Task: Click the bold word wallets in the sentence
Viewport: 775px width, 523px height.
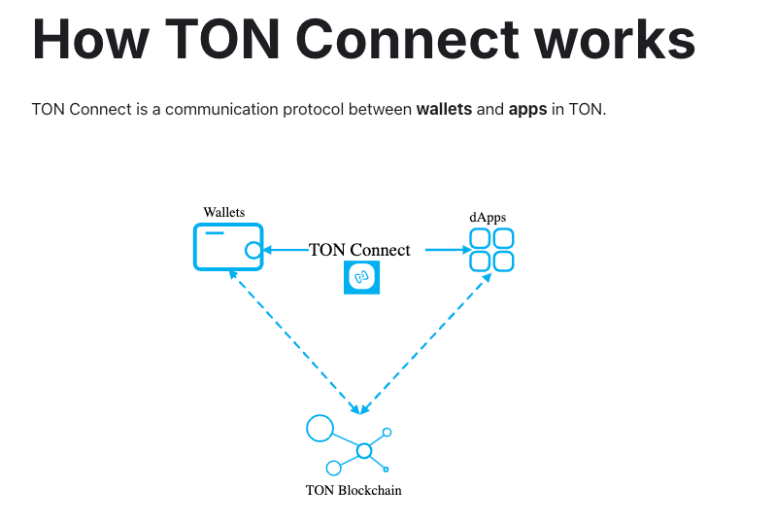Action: pyautogui.click(x=445, y=109)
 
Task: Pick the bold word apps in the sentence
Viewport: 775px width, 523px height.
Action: pyautogui.click(x=527, y=109)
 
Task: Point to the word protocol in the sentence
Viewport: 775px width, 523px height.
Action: pyautogui.click(x=334, y=109)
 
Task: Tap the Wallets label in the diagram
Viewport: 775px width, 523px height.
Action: pyautogui.click(x=223, y=212)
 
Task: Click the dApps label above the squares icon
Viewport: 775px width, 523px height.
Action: pyautogui.click(x=488, y=216)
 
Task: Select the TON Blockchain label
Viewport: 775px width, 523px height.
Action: pyautogui.click(x=354, y=490)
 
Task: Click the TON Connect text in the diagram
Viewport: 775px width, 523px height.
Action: pyautogui.click(x=359, y=250)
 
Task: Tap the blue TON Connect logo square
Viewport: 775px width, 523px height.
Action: pyautogui.click(x=362, y=278)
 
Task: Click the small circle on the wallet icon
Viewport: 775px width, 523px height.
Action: pyautogui.click(x=253, y=251)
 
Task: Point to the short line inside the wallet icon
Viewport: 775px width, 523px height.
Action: pyautogui.click(x=214, y=234)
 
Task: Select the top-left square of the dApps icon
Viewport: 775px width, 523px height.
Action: pyautogui.click(x=480, y=239)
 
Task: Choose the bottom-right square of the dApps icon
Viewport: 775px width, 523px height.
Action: pyautogui.click(x=502, y=261)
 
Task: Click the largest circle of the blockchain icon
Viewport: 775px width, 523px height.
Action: pyautogui.click(x=320, y=428)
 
